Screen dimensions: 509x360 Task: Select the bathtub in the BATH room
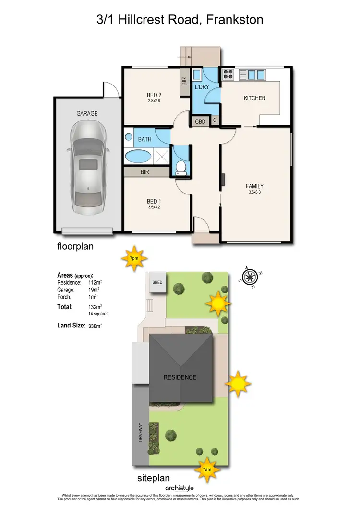137,156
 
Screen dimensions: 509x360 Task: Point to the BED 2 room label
153,95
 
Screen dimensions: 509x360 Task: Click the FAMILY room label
254,186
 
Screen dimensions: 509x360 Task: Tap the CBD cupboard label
200,122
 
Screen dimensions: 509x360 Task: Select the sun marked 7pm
134,258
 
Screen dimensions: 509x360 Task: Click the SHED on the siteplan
157,283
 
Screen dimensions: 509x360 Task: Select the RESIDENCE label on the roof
180,377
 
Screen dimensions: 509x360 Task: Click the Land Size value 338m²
95,326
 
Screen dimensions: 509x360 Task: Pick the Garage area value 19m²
94,290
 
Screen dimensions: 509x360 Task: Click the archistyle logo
180,487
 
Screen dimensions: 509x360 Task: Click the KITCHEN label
254,98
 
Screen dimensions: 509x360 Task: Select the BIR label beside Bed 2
184,82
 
